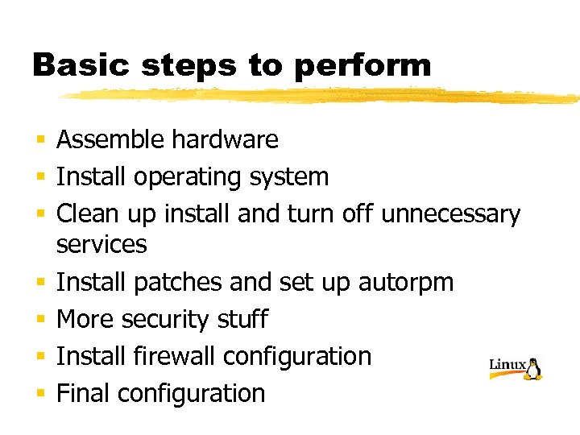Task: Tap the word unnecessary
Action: point(450,215)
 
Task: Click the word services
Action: point(101,245)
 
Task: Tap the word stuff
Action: point(242,319)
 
